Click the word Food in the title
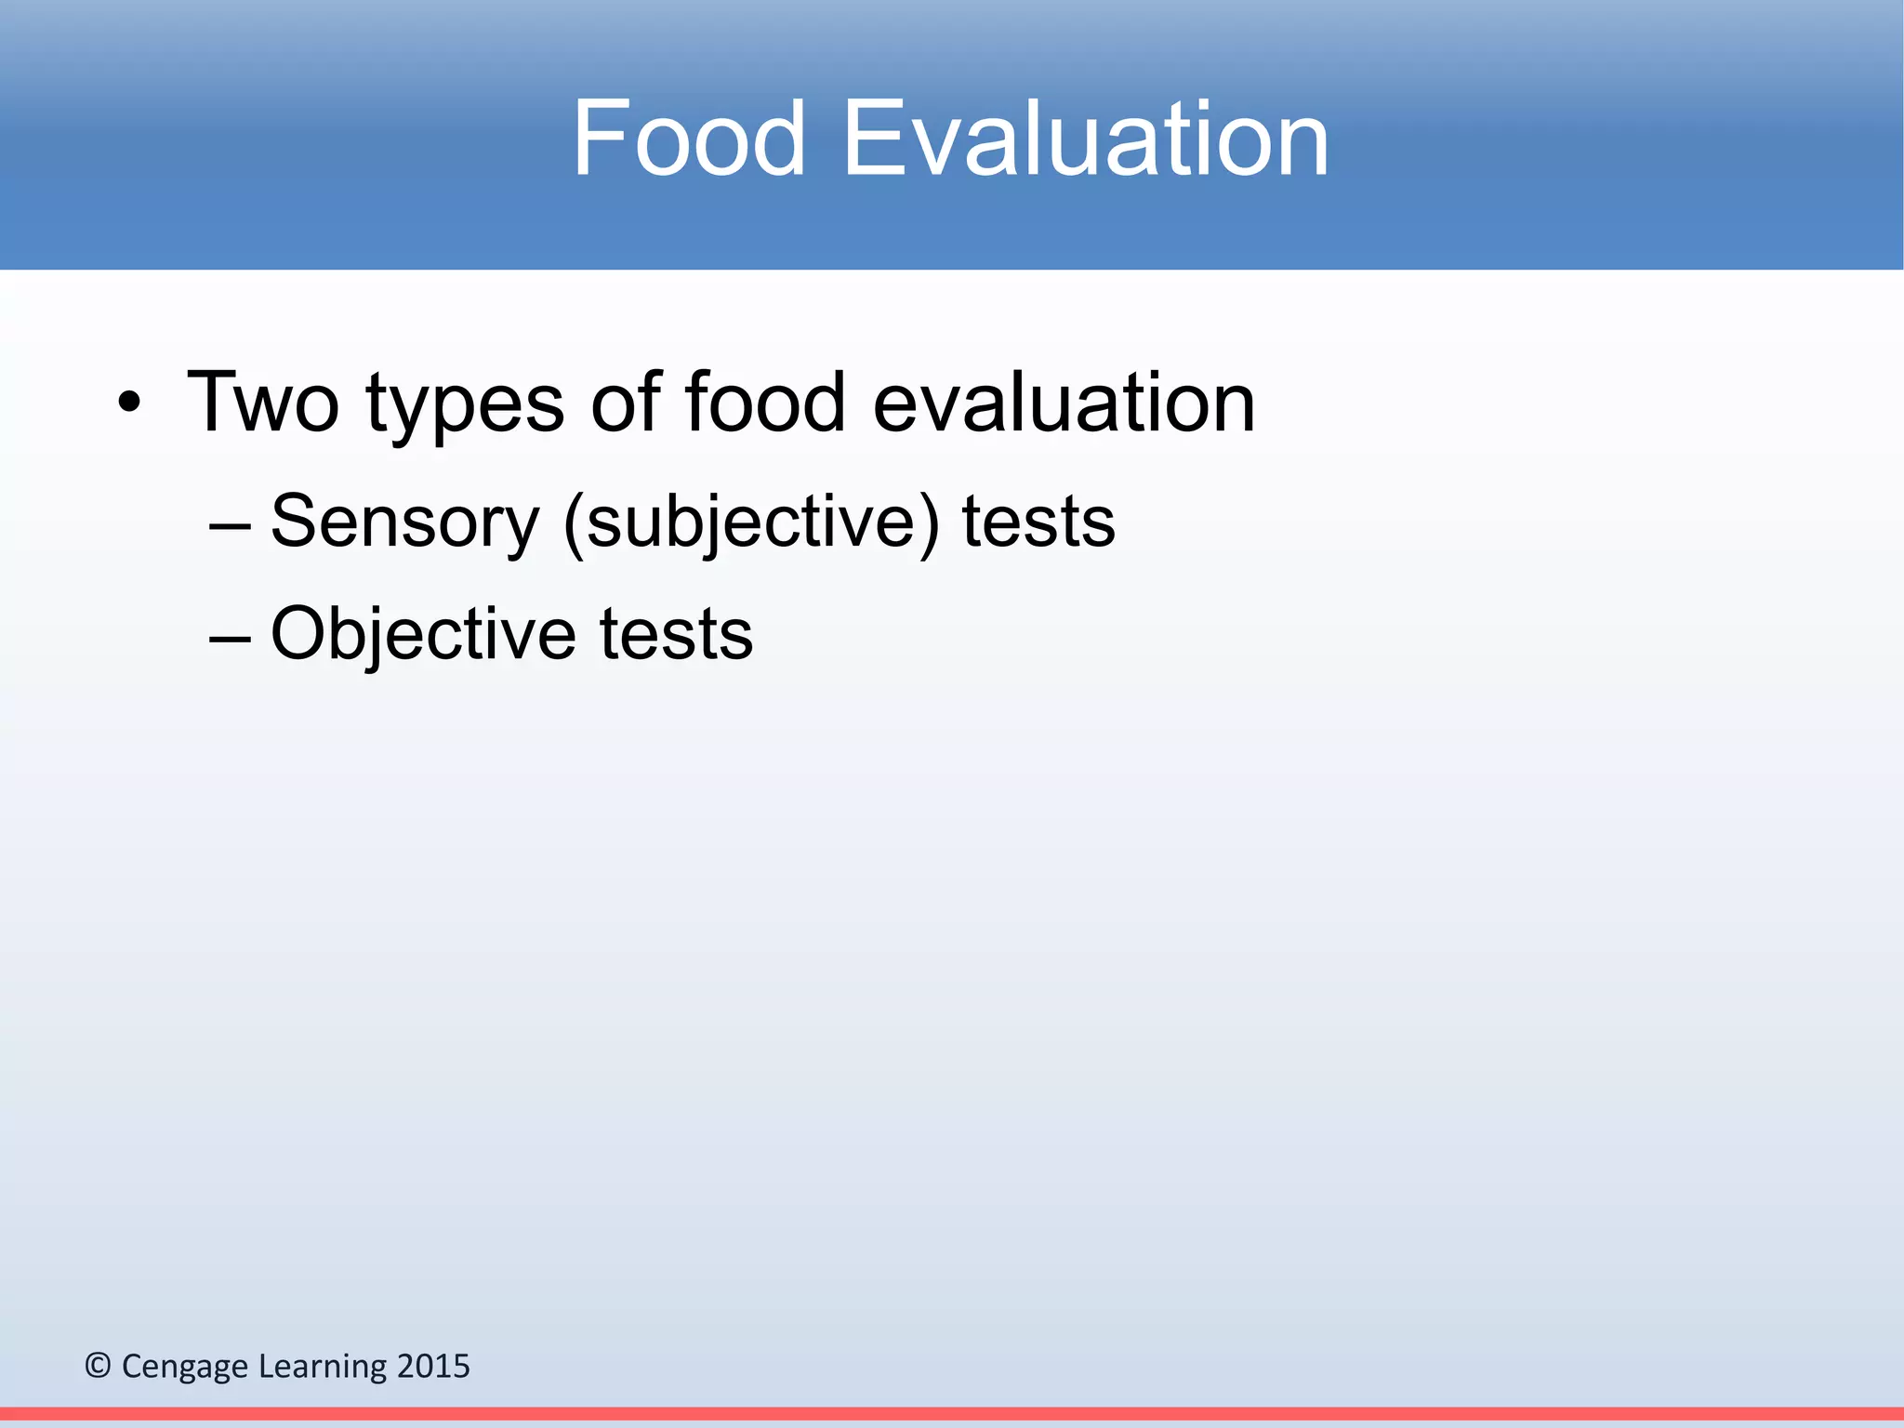point(688,139)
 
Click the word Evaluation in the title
point(1085,139)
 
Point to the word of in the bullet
point(626,402)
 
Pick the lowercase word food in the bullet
point(765,402)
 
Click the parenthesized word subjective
point(751,523)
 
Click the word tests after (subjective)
point(1038,523)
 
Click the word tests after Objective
point(676,636)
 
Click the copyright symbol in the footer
point(98,1366)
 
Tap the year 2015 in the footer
point(433,1366)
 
